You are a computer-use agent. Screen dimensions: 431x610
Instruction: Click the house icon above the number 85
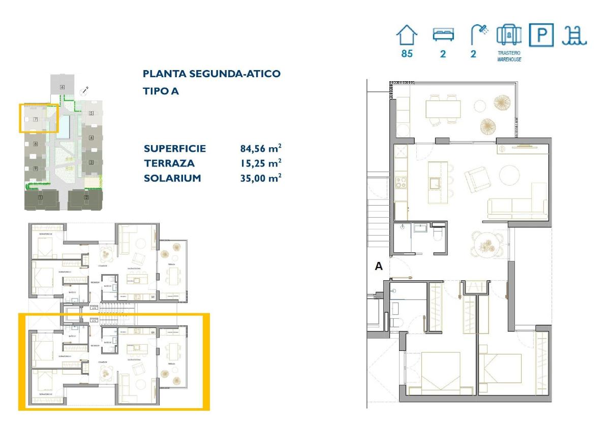click(x=407, y=36)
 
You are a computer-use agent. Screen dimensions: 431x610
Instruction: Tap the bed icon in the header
click(x=443, y=35)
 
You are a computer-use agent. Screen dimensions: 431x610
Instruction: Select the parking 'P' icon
click(x=541, y=36)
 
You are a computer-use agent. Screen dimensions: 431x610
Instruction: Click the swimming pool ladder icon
click(x=574, y=36)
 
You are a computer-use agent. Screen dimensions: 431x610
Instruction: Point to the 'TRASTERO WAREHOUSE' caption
click(x=509, y=56)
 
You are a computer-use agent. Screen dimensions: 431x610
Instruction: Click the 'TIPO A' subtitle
click(x=161, y=91)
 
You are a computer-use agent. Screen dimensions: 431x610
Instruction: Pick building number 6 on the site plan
click(x=63, y=87)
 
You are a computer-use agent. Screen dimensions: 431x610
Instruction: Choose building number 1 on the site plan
click(x=40, y=197)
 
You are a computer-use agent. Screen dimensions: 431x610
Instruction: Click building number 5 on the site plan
click(x=91, y=113)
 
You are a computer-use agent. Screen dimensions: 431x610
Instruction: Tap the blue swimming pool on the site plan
click(x=64, y=126)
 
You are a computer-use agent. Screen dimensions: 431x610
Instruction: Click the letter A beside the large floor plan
click(x=378, y=266)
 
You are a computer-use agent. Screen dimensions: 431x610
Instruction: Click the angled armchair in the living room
click(x=477, y=178)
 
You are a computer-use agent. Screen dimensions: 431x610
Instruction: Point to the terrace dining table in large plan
click(x=443, y=109)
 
